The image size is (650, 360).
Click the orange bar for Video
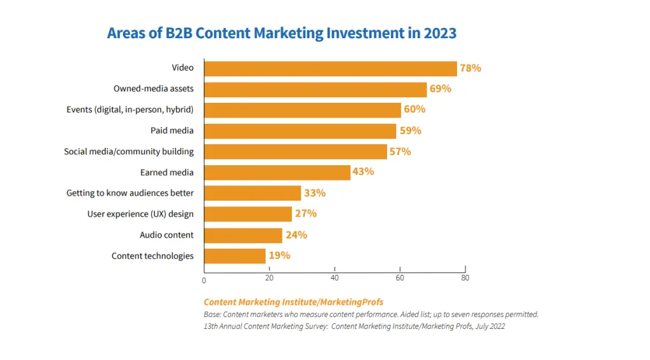click(x=330, y=69)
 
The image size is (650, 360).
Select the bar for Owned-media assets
click(x=315, y=90)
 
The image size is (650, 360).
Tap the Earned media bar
click(x=277, y=173)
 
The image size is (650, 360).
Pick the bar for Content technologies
click(x=235, y=256)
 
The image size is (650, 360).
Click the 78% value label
click(x=470, y=68)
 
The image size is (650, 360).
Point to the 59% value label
click(x=411, y=131)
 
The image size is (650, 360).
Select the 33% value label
click(x=315, y=193)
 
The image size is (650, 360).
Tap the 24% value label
click(x=296, y=235)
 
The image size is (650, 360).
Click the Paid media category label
click(x=172, y=131)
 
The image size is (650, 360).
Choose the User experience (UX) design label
click(x=140, y=214)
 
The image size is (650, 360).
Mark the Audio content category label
click(x=167, y=235)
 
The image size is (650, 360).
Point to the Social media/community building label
click(x=129, y=152)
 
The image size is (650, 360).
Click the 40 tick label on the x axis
click(x=335, y=278)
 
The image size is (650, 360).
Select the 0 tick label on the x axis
click(x=204, y=281)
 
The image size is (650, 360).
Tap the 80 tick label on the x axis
click(x=465, y=278)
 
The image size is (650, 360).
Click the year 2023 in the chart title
click(x=440, y=33)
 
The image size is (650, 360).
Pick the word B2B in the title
click(x=179, y=33)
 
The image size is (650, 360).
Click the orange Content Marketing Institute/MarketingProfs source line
click(x=293, y=302)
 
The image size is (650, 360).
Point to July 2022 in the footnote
click(x=490, y=326)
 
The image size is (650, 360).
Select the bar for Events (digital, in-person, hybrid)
click(x=303, y=110)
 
